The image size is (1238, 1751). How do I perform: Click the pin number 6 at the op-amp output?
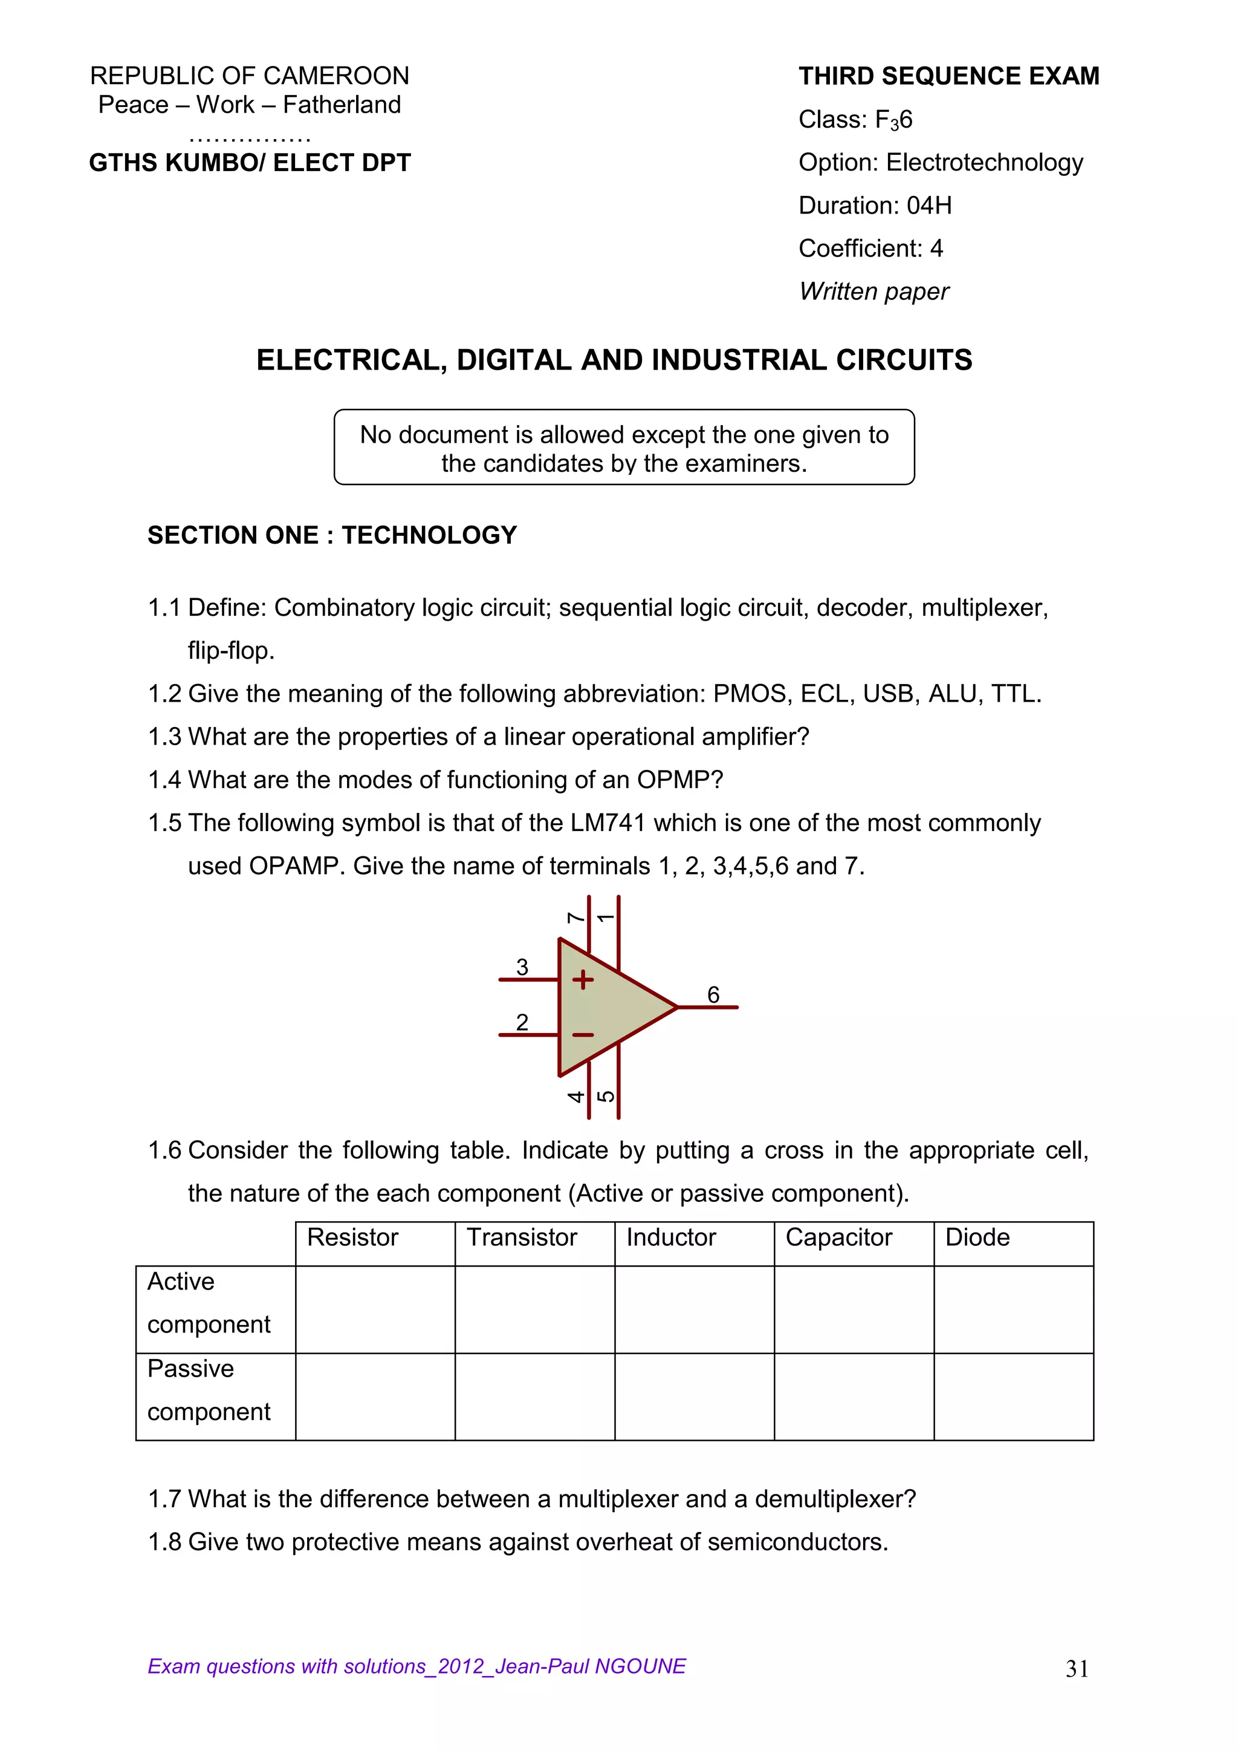point(713,994)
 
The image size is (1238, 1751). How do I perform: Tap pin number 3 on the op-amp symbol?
point(522,967)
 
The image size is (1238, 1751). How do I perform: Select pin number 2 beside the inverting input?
point(522,1022)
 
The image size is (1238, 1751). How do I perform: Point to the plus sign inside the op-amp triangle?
point(583,979)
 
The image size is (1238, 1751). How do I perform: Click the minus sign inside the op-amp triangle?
point(583,1035)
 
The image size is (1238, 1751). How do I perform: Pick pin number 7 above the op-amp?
point(575,918)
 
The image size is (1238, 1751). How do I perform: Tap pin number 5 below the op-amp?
point(605,1097)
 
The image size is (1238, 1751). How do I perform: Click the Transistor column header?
point(522,1237)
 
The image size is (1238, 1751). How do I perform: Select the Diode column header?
point(977,1237)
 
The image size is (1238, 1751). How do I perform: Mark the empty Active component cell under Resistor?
point(375,1309)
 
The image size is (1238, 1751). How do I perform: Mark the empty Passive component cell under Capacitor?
point(854,1397)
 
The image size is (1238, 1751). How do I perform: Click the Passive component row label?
point(208,1389)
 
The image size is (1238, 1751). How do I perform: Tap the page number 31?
point(1077,1669)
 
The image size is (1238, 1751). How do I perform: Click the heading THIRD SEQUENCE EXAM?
point(948,76)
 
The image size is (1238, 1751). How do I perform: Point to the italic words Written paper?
point(873,292)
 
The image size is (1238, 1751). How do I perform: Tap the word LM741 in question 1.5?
point(608,823)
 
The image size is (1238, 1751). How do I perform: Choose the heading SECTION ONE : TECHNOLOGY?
point(332,535)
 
